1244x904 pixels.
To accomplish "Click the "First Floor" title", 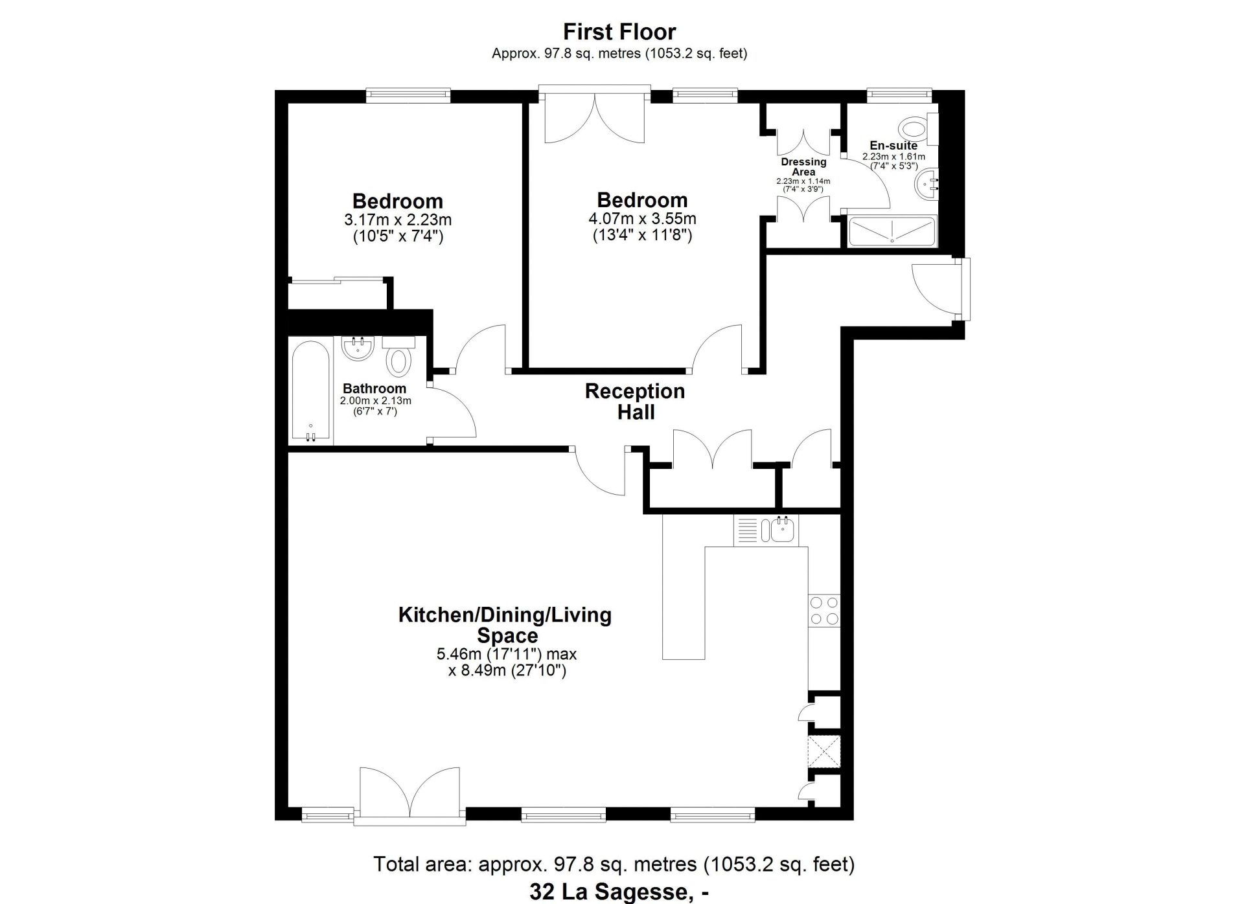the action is pyautogui.click(x=619, y=31).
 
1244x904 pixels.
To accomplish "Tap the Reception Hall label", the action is pyautogui.click(x=635, y=401).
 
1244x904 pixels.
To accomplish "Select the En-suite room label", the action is pyautogui.click(x=893, y=146).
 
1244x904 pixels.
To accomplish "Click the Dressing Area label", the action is pyautogui.click(x=803, y=166).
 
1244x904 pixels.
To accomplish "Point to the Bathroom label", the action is pyautogui.click(x=374, y=389).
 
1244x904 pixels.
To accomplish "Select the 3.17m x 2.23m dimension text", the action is pyautogui.click(x=398, y=220).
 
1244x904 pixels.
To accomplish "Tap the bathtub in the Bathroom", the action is pyautogui.click(x=311, y=392).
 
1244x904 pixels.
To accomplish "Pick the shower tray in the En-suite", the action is pyautogui.click(x=892, y=231).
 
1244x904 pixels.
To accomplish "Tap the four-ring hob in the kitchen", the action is pyautogui.click(x=824, y=611).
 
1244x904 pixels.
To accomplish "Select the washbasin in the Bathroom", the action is pyautogui.click(x=358, y=348).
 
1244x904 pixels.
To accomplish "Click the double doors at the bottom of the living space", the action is pyautogui.click(x=410, y=796).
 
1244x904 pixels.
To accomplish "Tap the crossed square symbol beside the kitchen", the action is pyautogui.click(x=824, y=752).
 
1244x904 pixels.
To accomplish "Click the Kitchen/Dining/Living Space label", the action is pyautogui.click(x=505, y=624).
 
